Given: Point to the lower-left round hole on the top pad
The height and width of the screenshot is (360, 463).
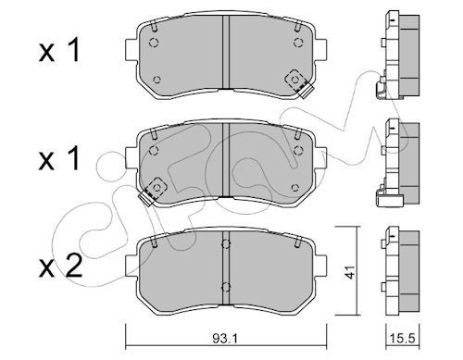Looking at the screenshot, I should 156,79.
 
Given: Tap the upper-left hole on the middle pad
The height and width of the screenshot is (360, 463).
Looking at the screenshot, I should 156,145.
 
